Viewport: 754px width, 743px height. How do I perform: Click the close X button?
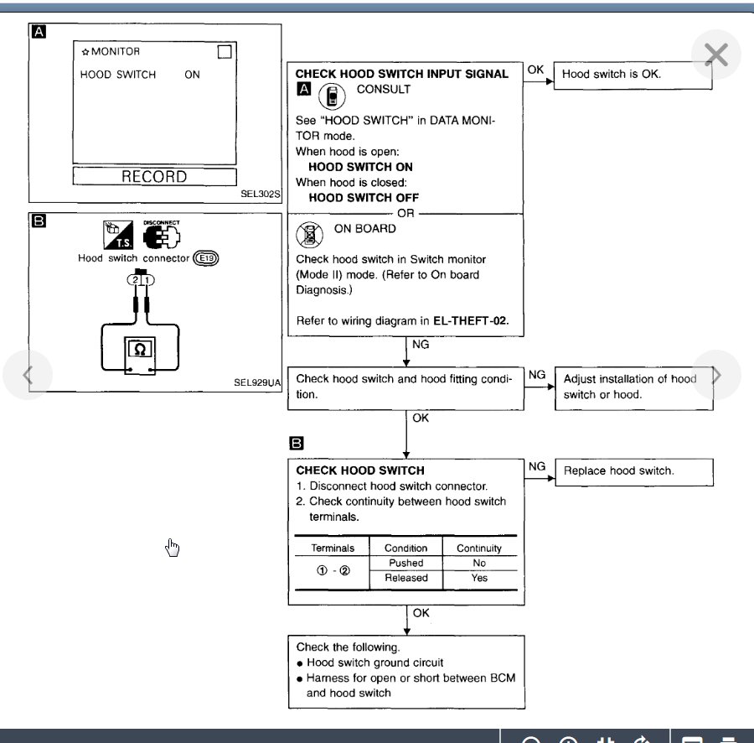pyautogui.click(x=716, y=55)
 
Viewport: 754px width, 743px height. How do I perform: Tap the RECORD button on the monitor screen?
pyautogui.click(x=154, y=177)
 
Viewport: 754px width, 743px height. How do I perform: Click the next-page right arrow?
pyautogui.click(x=716, y=373)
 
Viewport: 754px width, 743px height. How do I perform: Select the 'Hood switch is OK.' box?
pyautogui.click(x=612, y=75)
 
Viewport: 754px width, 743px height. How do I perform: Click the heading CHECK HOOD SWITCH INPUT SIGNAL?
pyautogui.click(x=402, y=74)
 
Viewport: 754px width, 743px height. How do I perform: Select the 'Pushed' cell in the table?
pyautogui.click(x=405, y=564)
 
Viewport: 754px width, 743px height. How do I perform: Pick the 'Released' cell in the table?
pyautogui.click(x=405, y=578)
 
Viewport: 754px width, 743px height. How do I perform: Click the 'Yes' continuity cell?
pyautogui.click(x=478, y=578)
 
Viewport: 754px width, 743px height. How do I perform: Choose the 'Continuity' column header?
pyautogui.click(x=478, y=548)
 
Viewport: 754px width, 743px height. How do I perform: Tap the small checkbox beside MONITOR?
pyautogui.click(x=223, y=53)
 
